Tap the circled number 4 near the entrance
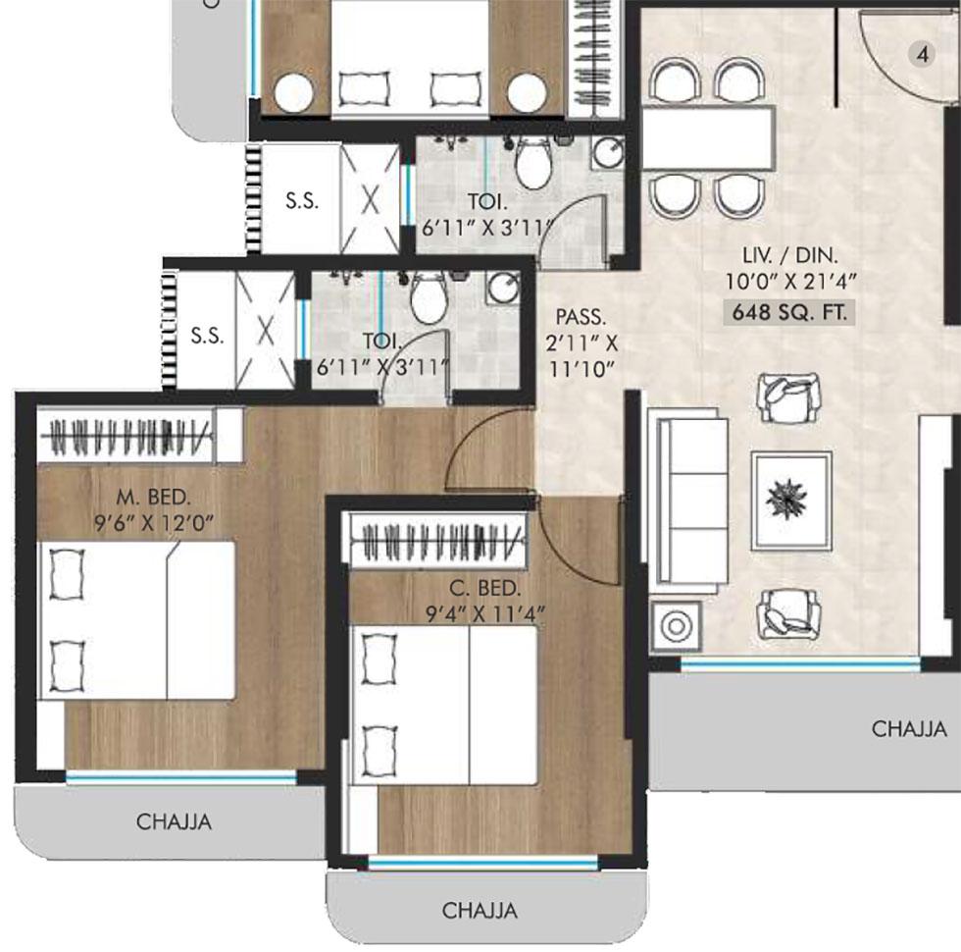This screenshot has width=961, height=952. coord(921,54)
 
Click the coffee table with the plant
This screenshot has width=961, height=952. coord(790,501)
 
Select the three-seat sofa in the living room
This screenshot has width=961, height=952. coord(690,502)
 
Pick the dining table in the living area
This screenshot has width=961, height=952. coord(709,137)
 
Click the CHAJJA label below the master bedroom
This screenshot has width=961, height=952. coord(174,822)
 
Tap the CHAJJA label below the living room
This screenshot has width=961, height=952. coord(909,729)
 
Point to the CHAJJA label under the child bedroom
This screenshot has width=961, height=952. coord(480,910)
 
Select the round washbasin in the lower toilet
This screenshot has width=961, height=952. coord(504,289)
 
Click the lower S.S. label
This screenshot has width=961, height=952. coord(206,335)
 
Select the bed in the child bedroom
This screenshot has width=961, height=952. coord(444,706)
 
